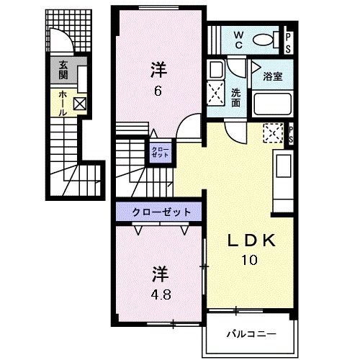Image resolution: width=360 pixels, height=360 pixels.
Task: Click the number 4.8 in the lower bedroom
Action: click(161, 294)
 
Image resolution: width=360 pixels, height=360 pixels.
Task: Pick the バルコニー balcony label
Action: click(249, 333)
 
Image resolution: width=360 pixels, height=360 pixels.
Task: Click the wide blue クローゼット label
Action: click(161, 212)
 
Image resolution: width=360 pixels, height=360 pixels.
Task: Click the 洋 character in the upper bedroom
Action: click(158, 70)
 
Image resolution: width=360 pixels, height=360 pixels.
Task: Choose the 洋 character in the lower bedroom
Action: click(161, 274)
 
